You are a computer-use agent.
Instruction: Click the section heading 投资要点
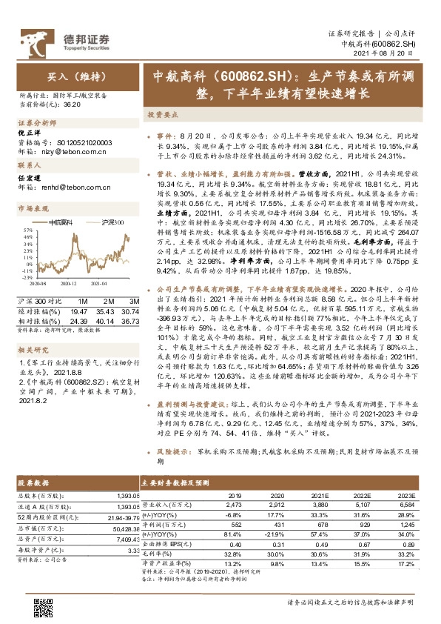(161, 116)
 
